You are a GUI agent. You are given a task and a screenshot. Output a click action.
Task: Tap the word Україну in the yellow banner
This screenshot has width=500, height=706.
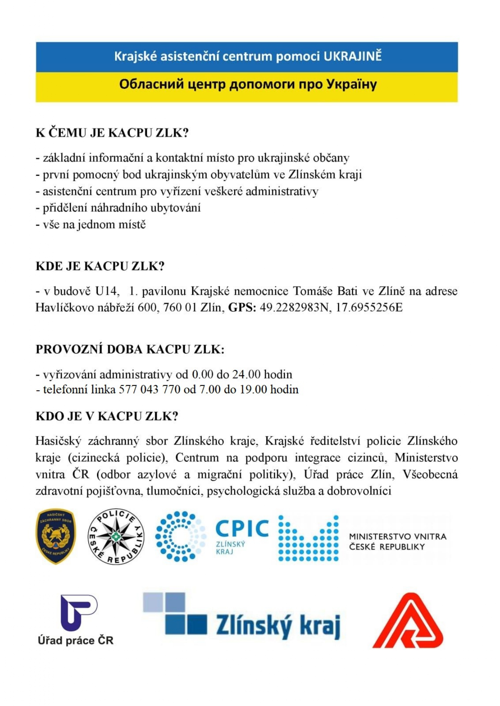pyautogui.click(x=351, y=84)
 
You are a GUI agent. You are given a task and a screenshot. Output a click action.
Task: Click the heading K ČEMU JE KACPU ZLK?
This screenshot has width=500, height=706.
pyautogui.click(x=112, y=133)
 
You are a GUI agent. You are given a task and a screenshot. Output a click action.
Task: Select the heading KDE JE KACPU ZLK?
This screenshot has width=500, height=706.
pyautogui.click(x=100, y=266)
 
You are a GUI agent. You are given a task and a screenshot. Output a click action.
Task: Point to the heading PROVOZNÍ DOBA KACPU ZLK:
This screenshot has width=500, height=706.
pyautogui.click(x=130, y=349)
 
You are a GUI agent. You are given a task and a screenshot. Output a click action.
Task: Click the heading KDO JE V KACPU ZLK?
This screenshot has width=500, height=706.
pyautogui.click(x=107, y=416)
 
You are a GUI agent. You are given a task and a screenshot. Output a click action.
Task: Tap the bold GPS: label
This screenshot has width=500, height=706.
pyautogui.click(x=242, y=308)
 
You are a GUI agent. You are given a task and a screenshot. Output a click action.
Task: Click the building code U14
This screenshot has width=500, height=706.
pyautogui.click(x=107, y=291)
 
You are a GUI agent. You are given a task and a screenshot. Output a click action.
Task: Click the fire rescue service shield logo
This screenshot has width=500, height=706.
pyautogui.click(x=56, y=536)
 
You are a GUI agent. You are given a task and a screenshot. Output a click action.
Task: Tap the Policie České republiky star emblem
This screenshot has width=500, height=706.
pyautogui.click(x=116, y=536)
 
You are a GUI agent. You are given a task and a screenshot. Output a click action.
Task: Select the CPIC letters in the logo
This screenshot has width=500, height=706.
pyautogui.click(x=242, y=528)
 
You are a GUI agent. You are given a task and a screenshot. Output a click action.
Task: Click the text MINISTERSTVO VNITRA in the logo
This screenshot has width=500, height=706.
pyautogui.click(x=398, y=537)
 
